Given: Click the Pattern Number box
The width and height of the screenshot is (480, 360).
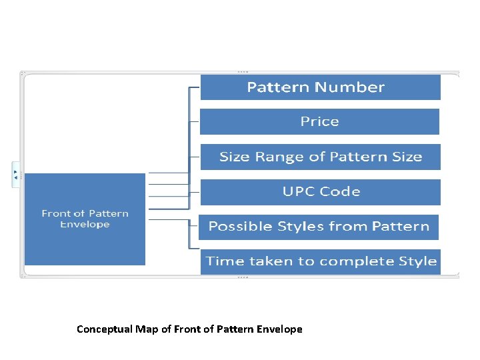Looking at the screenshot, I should (320, 87).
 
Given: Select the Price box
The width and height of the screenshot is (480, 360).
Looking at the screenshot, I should (319, 122).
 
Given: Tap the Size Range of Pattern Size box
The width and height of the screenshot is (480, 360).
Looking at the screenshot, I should (320, 157).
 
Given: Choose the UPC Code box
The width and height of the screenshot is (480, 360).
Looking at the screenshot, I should (320, 192).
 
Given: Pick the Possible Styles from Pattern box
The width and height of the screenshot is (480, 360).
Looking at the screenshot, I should (319, 227).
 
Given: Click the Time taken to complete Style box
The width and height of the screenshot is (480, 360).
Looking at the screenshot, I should (321, 261).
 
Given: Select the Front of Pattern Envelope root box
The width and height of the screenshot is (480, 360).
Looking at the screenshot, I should (85, 219).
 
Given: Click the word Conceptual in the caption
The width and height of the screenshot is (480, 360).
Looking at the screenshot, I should (105, 329).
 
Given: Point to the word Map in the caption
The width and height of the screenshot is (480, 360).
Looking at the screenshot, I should (146, 329).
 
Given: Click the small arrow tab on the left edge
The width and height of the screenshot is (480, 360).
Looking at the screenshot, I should (16, 174).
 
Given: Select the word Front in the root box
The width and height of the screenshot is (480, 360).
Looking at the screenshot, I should (56, 214).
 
